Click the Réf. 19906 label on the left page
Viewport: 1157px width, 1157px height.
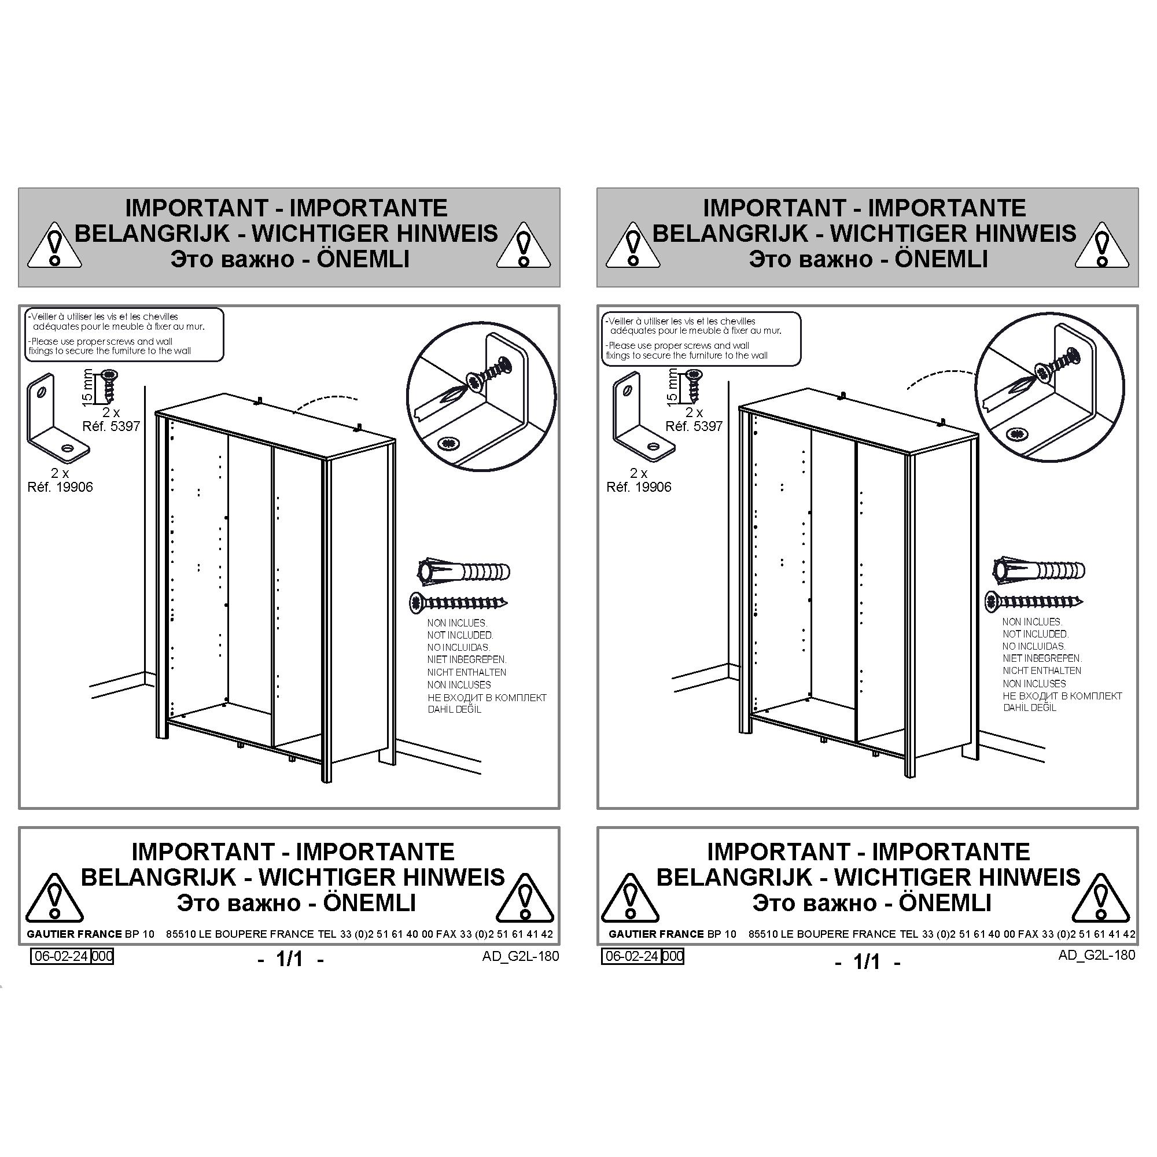click(x=61, y=488)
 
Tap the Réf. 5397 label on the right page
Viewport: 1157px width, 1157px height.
click(x=694, y=426)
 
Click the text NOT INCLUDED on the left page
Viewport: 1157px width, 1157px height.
click(x=460, y=635)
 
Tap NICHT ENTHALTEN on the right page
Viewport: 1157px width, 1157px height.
click(x=1042, y=670)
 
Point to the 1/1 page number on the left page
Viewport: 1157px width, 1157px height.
click(x=290, y=959)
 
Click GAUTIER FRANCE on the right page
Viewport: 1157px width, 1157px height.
click(x=657, y=934)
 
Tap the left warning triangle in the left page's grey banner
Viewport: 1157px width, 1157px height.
click(x=55, y=245)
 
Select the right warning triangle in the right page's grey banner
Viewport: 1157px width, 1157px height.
click(x=1102, y=245)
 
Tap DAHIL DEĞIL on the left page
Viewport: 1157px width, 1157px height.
click(x=455, y=710)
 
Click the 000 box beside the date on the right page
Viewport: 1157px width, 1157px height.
click(x=673, y=956)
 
